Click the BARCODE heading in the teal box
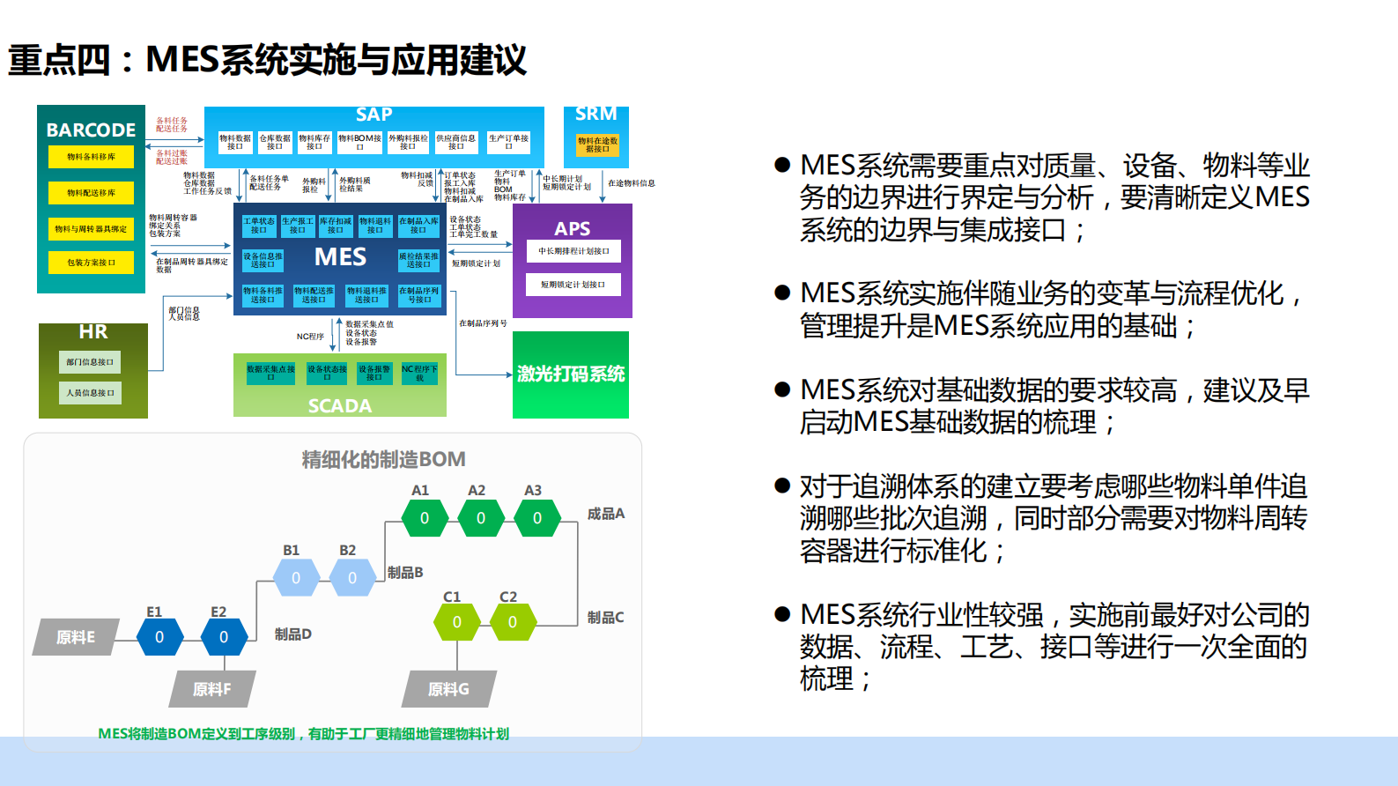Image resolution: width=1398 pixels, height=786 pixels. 91,130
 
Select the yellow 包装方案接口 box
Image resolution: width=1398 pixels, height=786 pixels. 92,263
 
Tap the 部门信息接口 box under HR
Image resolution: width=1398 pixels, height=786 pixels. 90,362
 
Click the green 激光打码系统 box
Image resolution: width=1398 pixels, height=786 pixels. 571,374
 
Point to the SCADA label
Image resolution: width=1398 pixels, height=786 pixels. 340,406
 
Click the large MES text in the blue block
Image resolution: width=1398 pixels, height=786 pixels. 341,257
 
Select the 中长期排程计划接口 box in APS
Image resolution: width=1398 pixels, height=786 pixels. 573,251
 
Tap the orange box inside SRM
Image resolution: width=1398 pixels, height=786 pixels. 597,145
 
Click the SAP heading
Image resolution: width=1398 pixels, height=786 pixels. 374,115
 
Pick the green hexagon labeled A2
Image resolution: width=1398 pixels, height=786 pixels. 481,518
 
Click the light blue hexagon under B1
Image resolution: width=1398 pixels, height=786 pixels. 296,578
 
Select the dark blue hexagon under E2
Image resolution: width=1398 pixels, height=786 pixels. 224,637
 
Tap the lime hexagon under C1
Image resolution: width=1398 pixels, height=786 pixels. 456,622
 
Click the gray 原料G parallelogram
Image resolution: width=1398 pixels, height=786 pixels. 448,689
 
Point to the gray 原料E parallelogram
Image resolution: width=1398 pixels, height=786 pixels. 76,637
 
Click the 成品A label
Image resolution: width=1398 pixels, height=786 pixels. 606,514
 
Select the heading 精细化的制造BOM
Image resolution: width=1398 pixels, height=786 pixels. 383,459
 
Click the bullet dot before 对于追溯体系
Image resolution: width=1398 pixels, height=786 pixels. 781,486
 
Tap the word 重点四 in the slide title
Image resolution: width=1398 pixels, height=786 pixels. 60,60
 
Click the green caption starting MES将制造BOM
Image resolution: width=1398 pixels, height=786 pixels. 303,734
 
